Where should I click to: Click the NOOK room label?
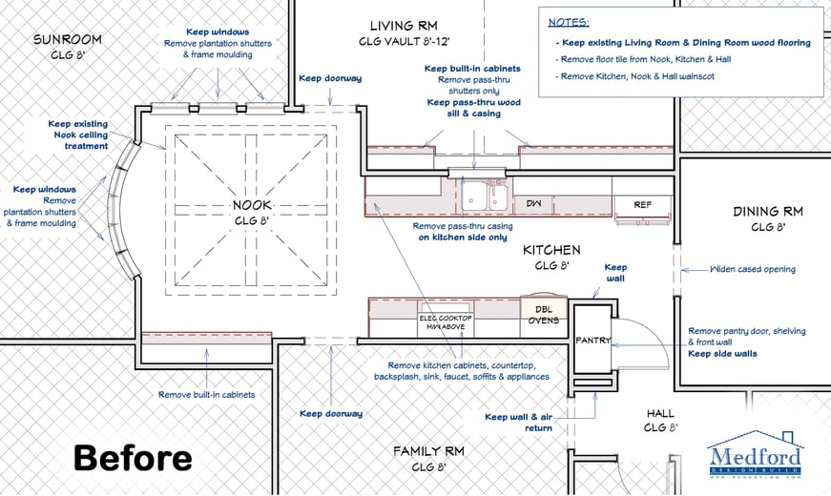[x=253, y=205]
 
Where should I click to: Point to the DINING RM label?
[x=767, y=212]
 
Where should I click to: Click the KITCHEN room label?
[x=551, y=250]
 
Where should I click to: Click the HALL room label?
[x=659, y=413]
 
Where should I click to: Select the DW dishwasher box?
[x=533, y=203]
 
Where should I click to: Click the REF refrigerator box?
[x=642, y=203]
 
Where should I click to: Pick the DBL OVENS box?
[x=544, y=314]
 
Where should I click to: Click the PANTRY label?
[x=592, y=340]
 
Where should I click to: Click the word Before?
[x=132, y=457]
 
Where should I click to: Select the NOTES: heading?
[x=569, y=21]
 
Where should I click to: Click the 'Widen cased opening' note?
[x=753, y=269]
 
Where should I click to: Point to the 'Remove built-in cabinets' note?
[x=208, y=394]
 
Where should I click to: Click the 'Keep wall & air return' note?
[x=518, y=423]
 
